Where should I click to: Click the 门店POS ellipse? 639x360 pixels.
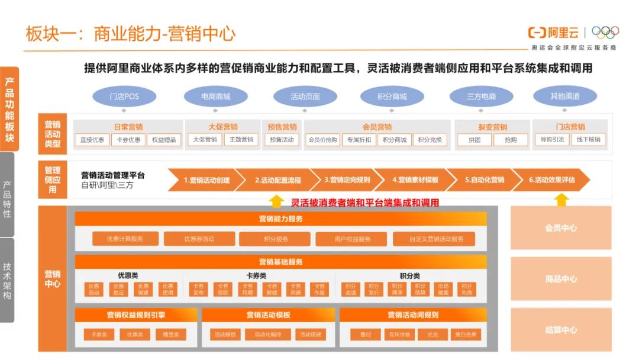124,97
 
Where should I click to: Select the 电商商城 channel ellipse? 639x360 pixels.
215,97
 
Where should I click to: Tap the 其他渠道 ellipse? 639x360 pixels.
565,96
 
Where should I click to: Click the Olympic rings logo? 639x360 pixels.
605,32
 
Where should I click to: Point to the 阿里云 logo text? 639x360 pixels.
554,32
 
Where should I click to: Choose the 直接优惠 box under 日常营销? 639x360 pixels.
92,140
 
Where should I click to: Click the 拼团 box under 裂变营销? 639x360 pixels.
475,140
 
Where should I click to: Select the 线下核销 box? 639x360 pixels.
589,140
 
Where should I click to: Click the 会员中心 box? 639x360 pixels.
560,228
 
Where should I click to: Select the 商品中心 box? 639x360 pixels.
560,279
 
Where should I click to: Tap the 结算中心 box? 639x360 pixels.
560,330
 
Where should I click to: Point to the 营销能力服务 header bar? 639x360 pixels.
280,219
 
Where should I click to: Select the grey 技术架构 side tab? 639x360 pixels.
7,280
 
